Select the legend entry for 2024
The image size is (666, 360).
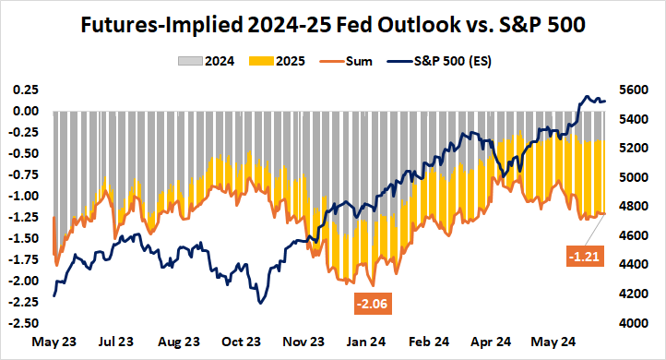coord(202,62)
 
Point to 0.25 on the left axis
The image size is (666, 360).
coord(25,90)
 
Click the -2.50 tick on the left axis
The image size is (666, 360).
coord(23,324)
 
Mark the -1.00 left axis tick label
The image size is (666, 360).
coord(23,196)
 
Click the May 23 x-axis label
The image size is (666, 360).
coord(54,342)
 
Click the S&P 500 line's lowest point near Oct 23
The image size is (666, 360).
coord(262,303)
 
